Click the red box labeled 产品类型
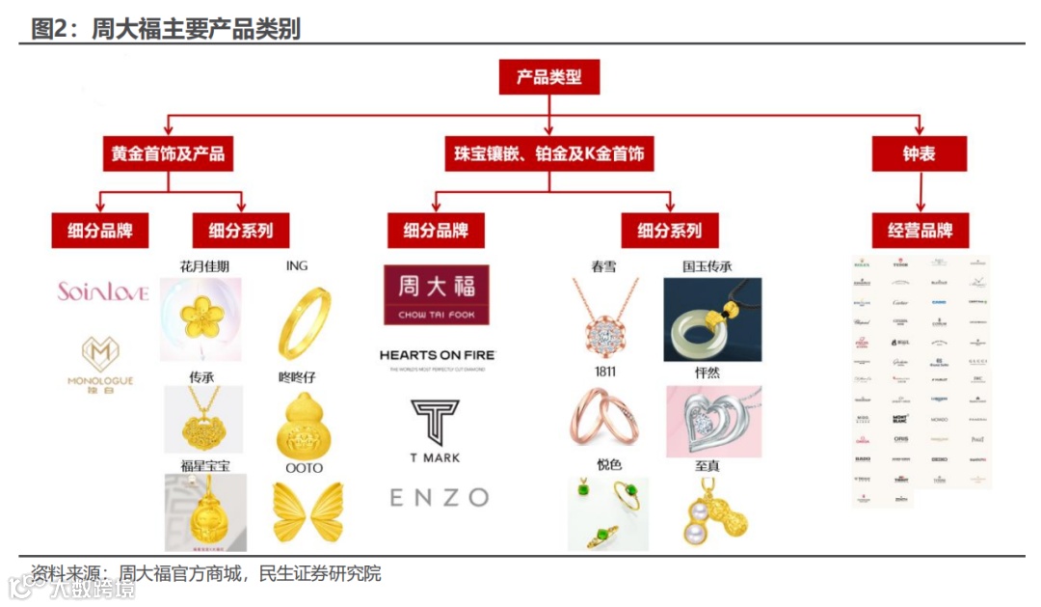548,76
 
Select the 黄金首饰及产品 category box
169,153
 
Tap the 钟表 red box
919,153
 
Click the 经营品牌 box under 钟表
920,231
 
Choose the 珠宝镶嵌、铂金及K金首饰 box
549,153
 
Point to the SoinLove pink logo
102,291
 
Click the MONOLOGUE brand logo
100,362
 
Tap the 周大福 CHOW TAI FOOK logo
436,294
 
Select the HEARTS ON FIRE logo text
437,357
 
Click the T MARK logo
436,430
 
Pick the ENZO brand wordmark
439,497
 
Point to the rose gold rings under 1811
604,414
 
